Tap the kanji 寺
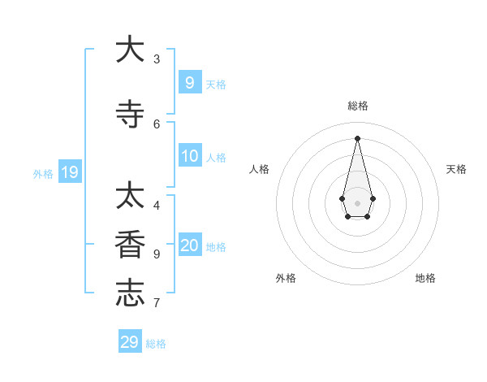pos(130,114)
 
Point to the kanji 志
pos(130,293)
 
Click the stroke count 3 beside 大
pos(157,59)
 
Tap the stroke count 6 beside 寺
pos(157,124)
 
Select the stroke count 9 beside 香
pos(157,254)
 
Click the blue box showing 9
pos(190,82)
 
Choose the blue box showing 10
pos(190,156)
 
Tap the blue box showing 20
pos(190,245)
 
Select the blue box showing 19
pos(70,171)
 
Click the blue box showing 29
pos(130,342)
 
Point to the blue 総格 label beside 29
pos(156,344)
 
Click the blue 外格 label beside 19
pos(43,173)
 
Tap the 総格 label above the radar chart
pos(357,106)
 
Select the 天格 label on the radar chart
pos(456,169)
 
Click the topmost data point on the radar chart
pos(357,137)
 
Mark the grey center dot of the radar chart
pos(357,202)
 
